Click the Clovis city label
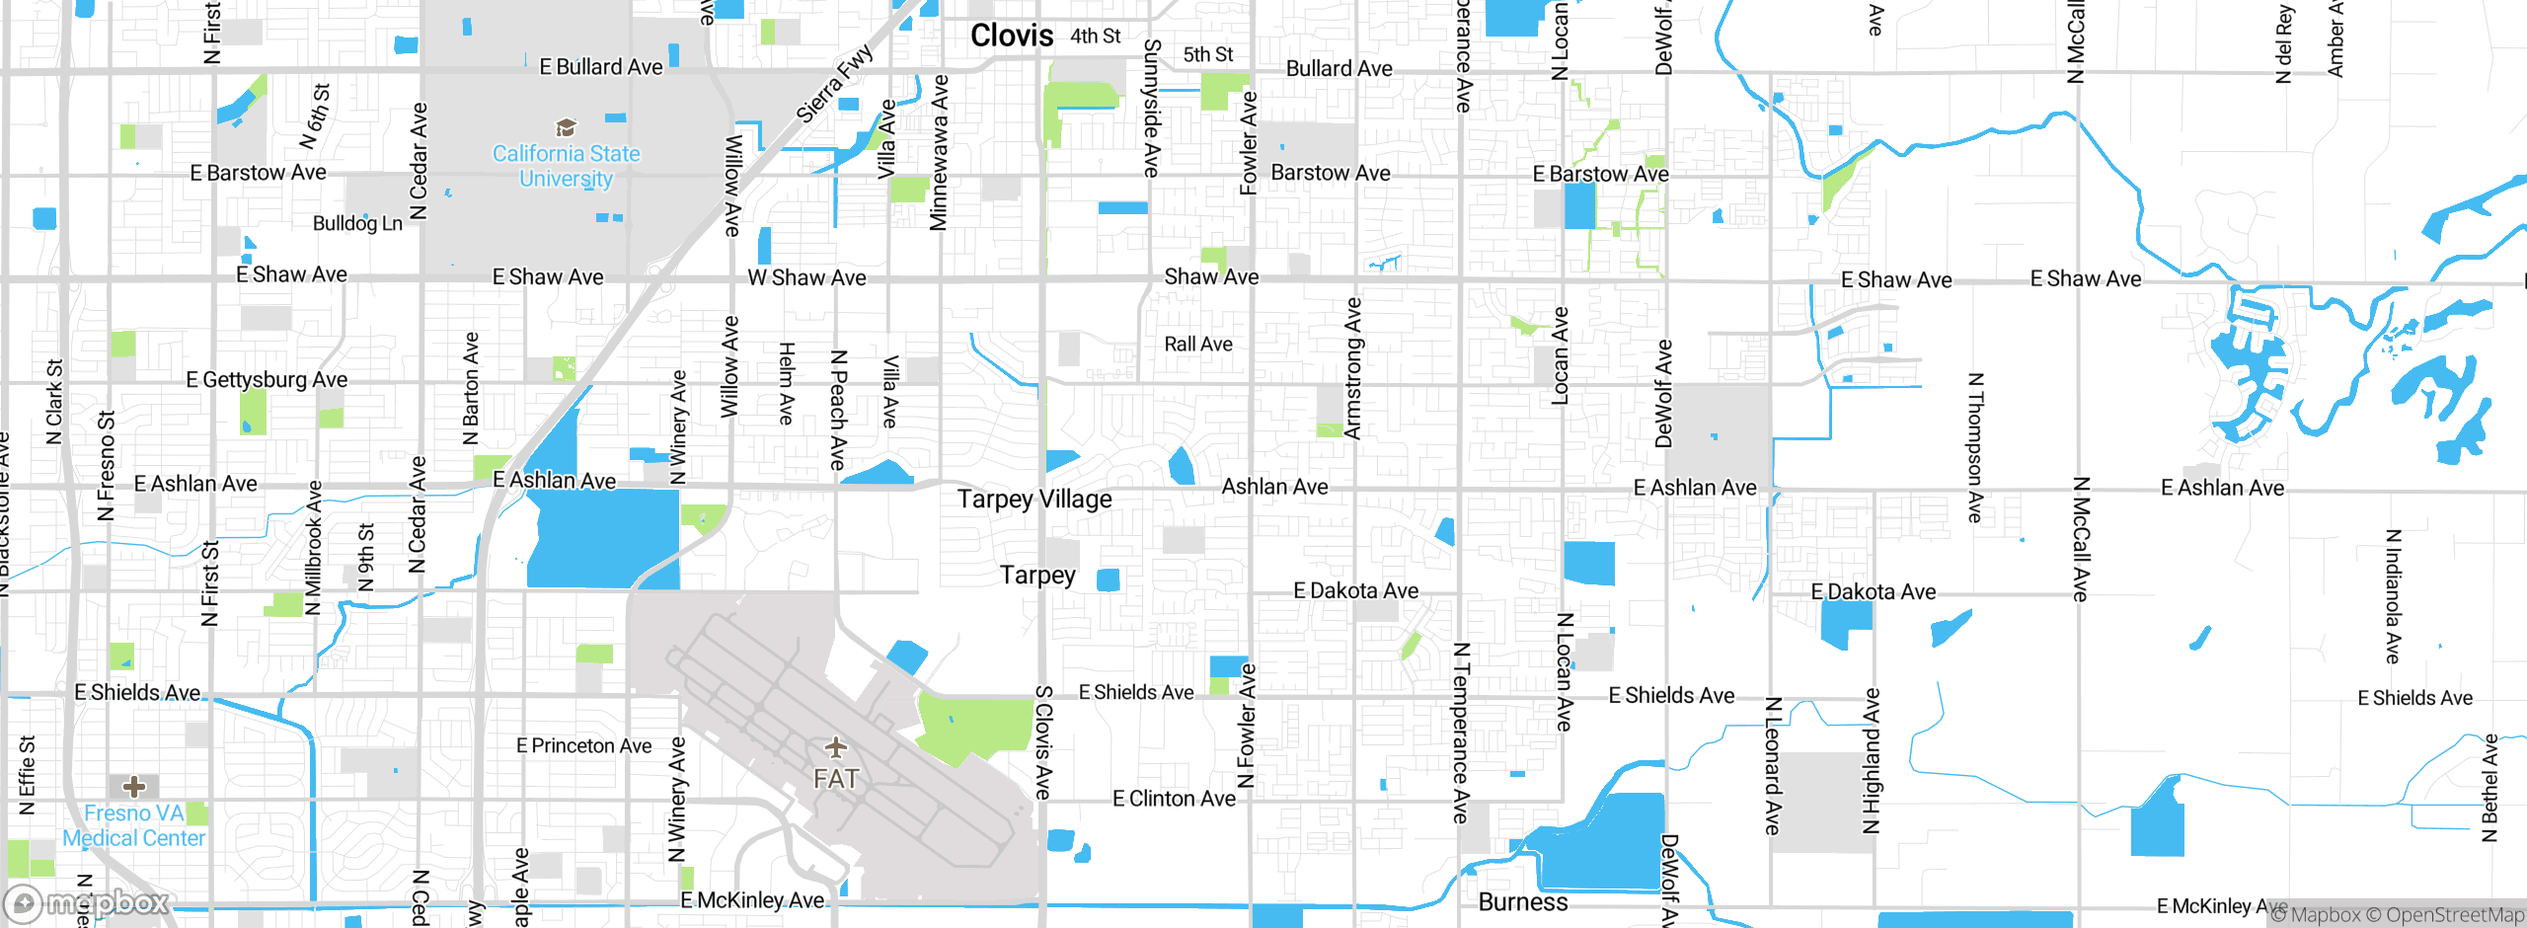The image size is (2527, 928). [x=1011, y=36]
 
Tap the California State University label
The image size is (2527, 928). [x=566, y=166]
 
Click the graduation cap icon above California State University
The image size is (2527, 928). [x=566, y=127]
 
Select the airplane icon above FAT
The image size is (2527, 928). [x=835, y=746]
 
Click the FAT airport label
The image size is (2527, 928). [x=835, y=779]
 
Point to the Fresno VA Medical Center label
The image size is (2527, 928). [x=134, y=825]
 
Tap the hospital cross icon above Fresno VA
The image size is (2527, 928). [x=134, y=786]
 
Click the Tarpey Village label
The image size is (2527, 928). [x=1034, y=499]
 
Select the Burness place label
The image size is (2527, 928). [x=1522, y=901]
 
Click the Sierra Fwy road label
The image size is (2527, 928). [x=834, y=84]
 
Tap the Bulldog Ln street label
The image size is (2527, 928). [x=357, y=223]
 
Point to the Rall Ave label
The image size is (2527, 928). [x=1197, y=344]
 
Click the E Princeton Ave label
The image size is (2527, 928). [x=583, y=745]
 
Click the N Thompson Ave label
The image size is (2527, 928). [x=1974, y=447]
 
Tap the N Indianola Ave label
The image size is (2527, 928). [x=2392, y=596]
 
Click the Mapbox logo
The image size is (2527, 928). [x=87, y=902]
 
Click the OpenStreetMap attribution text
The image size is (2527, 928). [x=2454, y=915]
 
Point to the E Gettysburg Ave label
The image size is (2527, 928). [x=267, y=379]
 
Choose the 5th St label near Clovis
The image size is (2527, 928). [x=1208, y=54]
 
